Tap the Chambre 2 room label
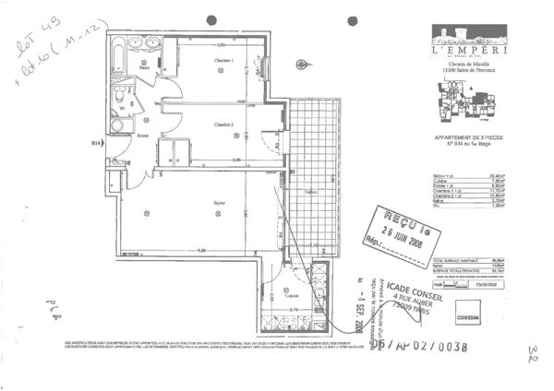pos(223,124)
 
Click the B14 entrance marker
pos(95,143)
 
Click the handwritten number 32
pos(534,354)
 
